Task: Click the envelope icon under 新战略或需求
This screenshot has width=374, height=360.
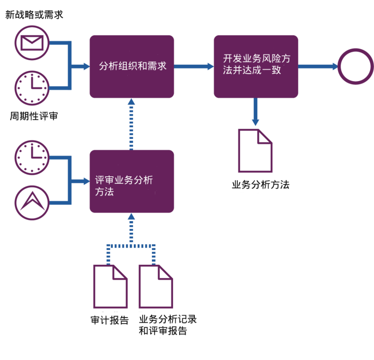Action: [32, 42]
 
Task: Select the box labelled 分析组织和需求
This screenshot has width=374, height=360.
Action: [132, 66]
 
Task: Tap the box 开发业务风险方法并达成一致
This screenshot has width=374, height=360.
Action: [256, 66]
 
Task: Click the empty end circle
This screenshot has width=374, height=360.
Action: [355, 66]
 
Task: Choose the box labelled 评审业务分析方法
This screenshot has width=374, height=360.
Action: [132, 181]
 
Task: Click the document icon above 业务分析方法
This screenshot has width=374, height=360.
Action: [255, 150]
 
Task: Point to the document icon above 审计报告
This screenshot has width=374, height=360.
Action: [111, 286]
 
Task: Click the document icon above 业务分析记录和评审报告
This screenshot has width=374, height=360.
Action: [156, 286]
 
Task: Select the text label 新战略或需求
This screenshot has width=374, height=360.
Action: [34, 15]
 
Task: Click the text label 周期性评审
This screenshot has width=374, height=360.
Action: [34, 116]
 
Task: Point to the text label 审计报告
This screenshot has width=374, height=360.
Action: [110, 321]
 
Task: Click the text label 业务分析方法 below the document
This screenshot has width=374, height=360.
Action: [260, 185]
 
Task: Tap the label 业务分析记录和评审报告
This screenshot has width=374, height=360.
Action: [167, 325]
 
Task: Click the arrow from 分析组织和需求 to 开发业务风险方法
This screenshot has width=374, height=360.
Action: [194, 66]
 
